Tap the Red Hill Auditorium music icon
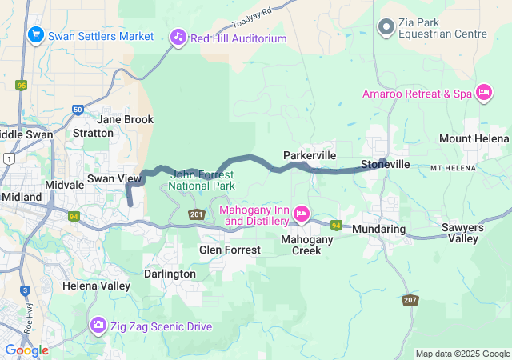point(178,37)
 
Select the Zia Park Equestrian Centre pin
point(386,28)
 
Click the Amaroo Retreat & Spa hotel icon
point(483,94)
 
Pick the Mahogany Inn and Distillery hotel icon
point(302,214)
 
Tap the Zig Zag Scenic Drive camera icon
point(98,325)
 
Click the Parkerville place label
point(310,154)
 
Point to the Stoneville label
point(386,164)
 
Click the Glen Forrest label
point(230,250)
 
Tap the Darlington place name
point(169,274)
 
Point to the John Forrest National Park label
point(202,180)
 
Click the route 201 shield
point(197,214)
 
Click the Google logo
point(26,350)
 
